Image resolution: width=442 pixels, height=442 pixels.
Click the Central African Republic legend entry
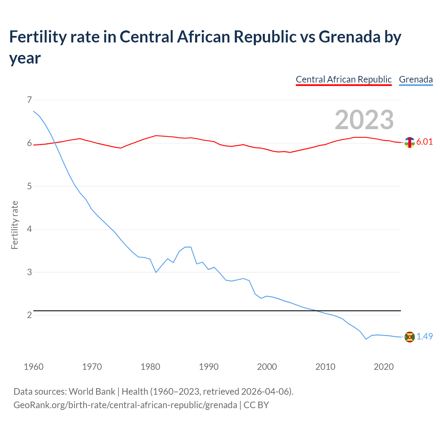[x=344, y=79]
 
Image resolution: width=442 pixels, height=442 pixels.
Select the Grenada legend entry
[x=416, y=79]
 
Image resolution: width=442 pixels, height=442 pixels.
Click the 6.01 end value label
[x=424, y=142]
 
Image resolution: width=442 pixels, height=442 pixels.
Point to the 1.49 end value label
[x=424, y=336]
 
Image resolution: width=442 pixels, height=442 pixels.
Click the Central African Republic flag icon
[x=410, y=142]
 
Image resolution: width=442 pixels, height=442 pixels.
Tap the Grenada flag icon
[x=410, y=337]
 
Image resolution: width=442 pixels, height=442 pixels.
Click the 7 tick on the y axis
[x=29, y=100]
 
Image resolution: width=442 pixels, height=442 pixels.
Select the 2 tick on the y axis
[x=29, y=315]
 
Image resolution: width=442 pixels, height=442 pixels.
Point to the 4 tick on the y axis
[x=29, y=229]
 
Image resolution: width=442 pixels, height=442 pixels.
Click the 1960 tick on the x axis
[x=33, y=367]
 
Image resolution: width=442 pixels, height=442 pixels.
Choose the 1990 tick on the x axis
[x=209, y=367]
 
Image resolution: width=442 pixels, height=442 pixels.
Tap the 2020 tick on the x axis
[x=384, y=367]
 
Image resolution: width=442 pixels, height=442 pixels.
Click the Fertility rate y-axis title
[x=15, y=225]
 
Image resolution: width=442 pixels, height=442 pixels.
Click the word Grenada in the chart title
[x=350, y=37]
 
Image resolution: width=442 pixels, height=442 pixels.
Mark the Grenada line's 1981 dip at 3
[x=156, y=272]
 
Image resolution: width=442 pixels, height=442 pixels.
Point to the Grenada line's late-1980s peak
[x=188, y=247]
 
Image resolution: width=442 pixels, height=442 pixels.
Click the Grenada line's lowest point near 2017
[x=366, y=339]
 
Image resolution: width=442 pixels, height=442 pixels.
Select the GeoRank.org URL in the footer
[x=125, y=405]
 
